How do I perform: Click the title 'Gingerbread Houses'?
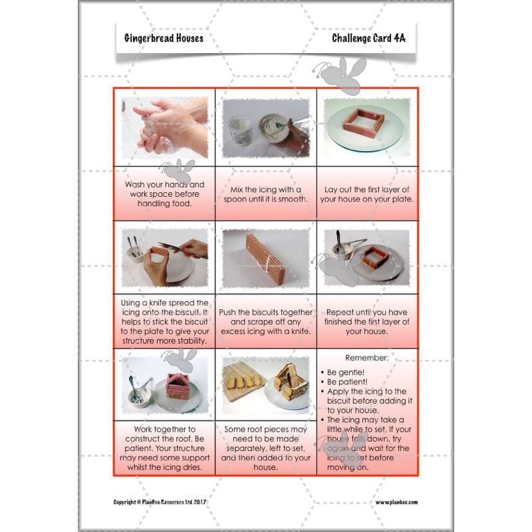[x=164, y=38]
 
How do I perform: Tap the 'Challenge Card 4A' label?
[x=368, y=38]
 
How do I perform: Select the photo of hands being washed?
[x=164, y=126]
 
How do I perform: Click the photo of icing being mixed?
[x=265, y=126]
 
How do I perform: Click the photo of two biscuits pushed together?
[x=265, y=257]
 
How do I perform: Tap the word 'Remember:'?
[x=367, y=357]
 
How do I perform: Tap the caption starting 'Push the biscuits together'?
[x=265, y=322]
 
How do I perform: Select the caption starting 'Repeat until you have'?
[x=367, y=321]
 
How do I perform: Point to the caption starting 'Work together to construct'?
[x=164, y=448]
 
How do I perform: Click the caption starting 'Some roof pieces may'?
[x=265, y=448]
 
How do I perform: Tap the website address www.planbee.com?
[x=396, y=503]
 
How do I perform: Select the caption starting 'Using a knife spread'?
[x=164, y=322]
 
